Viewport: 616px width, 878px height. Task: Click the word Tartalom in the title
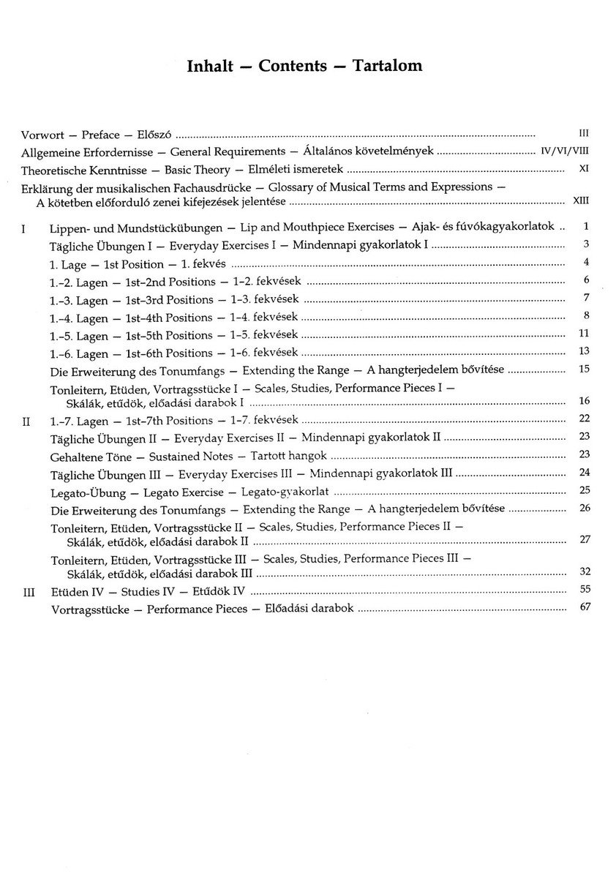pyautogui.click(x=387, y=66)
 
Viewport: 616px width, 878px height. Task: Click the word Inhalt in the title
pyautogui.click(x=209, y=66)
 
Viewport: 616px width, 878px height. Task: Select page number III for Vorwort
pyautogui.click(x=583, y=133)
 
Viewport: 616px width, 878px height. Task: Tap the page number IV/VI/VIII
pyautogui.click(x=565, y=151)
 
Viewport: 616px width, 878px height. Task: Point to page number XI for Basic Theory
pyautogui.click(x=583, y=169)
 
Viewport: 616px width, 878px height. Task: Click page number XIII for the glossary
pyautogui.click(x=581, y=200)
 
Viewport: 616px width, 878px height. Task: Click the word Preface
pyautogui.click(x=101, y=135)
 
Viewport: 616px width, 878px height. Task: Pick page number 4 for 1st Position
pyautogui.click(x=586, y=263)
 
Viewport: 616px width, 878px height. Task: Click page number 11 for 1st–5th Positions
pyautogui.click(x=583, y=333)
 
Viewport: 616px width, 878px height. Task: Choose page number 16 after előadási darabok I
pyautogui.click(x=583, y=401)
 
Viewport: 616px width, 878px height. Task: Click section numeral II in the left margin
pyautogui.click(x=26, y=421)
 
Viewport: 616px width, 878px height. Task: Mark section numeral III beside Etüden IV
pyautogui.click(x=27, y=590)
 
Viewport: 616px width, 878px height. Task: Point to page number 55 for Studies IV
pyautogui.click(x=583, y=589)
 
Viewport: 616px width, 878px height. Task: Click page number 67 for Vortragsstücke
pyautogui.click(x=583, y=607)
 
